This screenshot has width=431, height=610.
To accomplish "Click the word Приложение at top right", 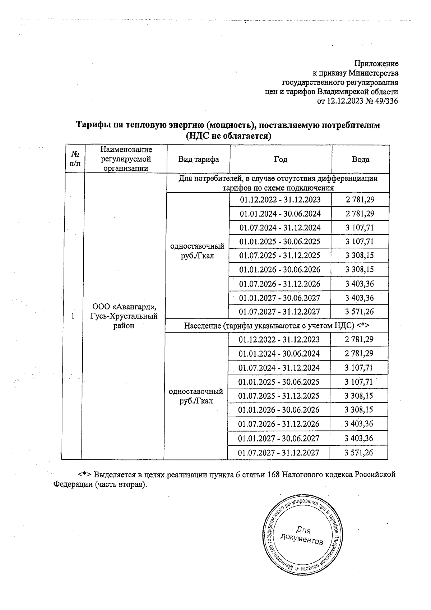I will (x=376, y=64).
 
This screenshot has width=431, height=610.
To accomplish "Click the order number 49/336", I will (x=386, y=101).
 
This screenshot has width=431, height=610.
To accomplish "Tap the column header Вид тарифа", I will (x=198, y=159).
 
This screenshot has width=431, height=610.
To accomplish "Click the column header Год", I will (x=281, y=159).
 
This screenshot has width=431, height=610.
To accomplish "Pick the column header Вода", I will (x=361, y=159).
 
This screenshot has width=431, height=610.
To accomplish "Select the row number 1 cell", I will (x=73, y=316).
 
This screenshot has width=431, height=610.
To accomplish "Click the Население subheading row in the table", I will (x=277, y=326).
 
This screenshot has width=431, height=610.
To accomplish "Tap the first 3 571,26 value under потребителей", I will (x=360, y=312).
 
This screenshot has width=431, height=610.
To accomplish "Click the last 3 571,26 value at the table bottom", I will (x=359, y=452).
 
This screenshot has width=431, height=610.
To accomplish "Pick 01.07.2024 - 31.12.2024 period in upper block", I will (x=280, y=228).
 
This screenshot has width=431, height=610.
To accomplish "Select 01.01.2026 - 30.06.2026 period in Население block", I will (x=279, y=410).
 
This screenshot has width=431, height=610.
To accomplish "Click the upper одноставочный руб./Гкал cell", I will (x=197, y=251).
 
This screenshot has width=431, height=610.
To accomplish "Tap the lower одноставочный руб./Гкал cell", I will (x=196, y=396).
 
